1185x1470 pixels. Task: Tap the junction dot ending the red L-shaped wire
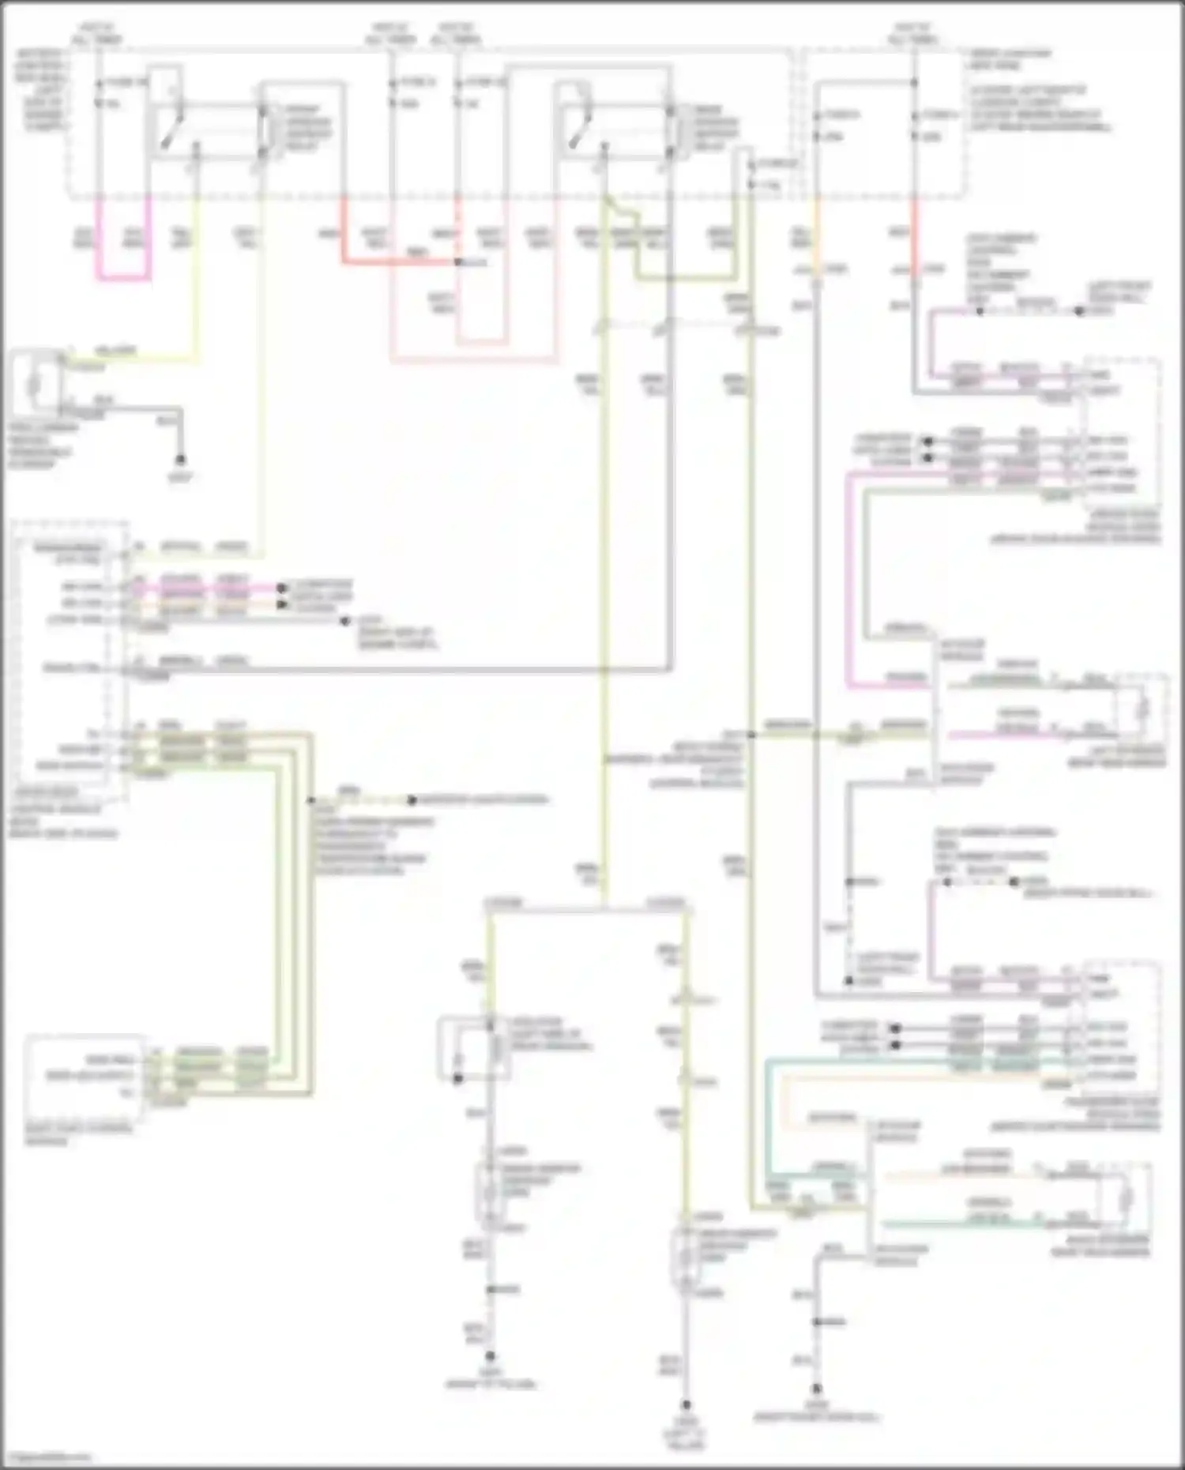click(457, 261)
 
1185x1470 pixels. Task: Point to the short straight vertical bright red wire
click(915, 237)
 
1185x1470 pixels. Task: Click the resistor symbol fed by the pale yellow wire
click(34, 385)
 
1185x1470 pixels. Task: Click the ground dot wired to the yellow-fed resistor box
click(180, 459)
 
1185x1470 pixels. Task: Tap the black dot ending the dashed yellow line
click(412, 800)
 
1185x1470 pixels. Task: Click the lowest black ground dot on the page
click(687, 1404)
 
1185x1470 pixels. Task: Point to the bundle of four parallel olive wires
click(292, 908)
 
